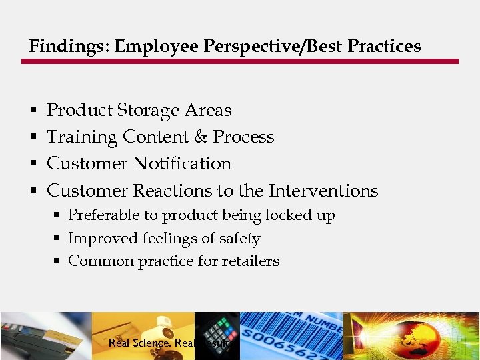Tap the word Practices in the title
384,46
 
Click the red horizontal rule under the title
240,61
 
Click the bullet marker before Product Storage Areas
33,111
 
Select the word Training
82,137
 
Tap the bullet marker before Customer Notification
33,164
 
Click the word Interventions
323,191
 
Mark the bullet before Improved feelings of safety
58,239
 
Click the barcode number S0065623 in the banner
290,343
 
